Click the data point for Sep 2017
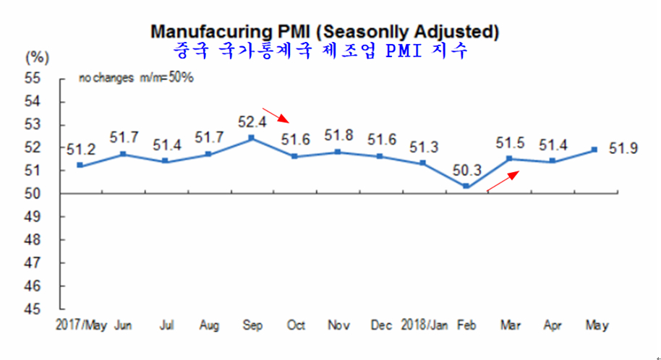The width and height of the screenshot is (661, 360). (251, 138)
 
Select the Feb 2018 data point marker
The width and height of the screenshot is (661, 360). (466, 187)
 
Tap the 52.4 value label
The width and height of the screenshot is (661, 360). (252, 122)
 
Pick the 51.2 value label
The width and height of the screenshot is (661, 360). (81, 150)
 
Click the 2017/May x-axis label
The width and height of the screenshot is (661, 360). (81, 325)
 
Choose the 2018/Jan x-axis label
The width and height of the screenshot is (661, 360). (424, 325)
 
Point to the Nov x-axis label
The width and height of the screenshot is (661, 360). (338, 325)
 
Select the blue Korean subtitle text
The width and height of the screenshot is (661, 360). (321, 51)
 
